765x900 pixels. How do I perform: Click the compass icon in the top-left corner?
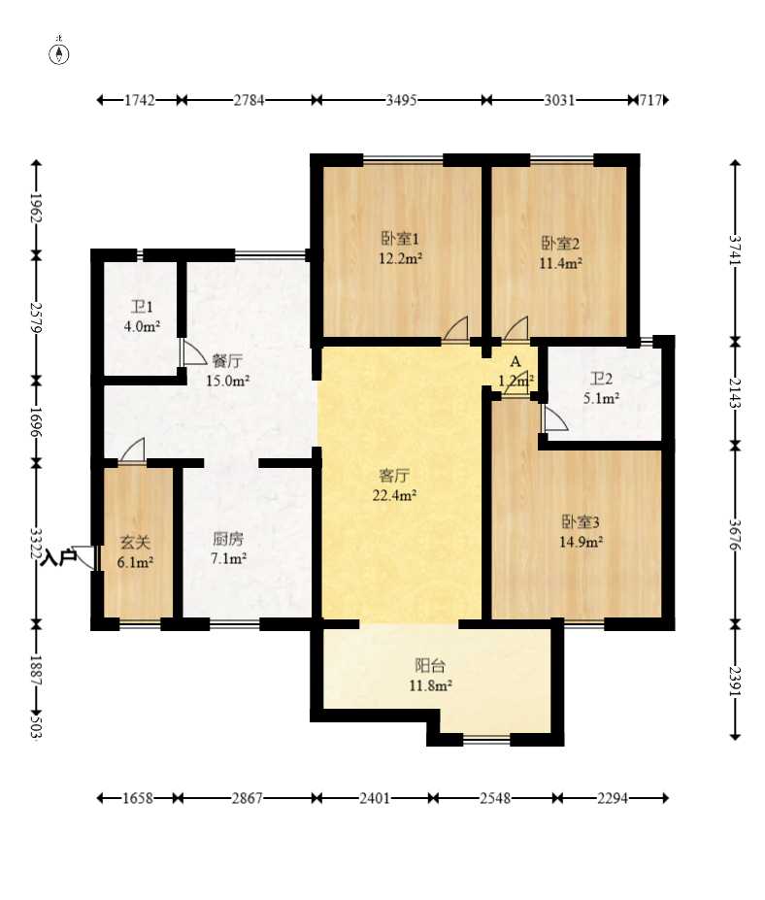point(59,52)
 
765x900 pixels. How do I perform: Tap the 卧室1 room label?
point(400,238)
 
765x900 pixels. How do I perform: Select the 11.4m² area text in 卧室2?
point(561,263)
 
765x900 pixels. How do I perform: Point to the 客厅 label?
point(394,476)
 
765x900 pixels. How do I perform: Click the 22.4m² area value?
point(394,495)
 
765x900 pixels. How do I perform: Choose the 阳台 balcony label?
point(430,666)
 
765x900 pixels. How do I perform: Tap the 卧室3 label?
point(581,521)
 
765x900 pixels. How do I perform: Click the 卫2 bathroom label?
point(602,379)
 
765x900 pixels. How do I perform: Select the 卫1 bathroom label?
point(142,307)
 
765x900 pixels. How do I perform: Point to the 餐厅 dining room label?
point(227,361)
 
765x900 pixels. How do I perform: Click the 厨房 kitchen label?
point(228,539)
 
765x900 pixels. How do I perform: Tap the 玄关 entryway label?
point(136,542)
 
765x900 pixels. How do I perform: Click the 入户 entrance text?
point(58,557)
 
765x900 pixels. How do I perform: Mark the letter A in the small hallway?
point(516,361)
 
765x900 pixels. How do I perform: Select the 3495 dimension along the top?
point(401,100)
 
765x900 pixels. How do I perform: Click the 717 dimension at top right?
point(650,100)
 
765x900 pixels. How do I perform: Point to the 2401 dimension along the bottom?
point(375,798)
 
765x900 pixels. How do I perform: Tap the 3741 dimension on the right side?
point(735,250)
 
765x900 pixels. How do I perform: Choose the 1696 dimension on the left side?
point(36,422)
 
